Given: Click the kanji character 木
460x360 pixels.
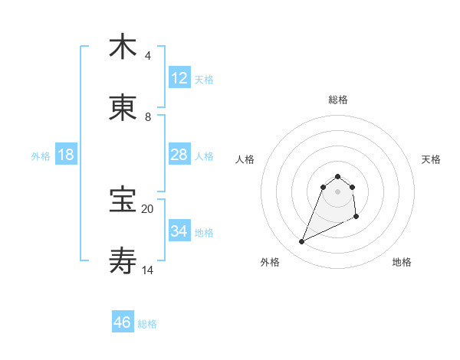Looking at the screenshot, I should pos(123,47).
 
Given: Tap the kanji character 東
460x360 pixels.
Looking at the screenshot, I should pos(123,108).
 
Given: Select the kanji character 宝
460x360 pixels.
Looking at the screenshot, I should pos(123,200).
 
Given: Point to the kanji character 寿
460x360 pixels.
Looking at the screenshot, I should pos(123,261).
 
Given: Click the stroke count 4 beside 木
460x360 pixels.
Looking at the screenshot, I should pos(148,56).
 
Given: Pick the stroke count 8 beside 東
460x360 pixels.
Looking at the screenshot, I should pos(148,117).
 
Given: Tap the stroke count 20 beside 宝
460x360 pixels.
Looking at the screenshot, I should pos(148,208).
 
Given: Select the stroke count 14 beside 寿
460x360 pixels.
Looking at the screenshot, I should pos(148,270).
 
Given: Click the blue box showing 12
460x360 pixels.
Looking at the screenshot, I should pos(179,77).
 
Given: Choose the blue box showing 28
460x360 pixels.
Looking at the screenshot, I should pos(179,155).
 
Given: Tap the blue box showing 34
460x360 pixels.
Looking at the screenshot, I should pos(179,231).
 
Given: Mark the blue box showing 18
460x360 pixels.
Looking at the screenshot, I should pos(66,155).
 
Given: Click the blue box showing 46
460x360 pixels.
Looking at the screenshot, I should pos(123,322).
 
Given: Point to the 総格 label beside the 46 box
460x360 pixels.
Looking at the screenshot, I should pos(147,324).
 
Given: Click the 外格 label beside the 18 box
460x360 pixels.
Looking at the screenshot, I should pos(41,156).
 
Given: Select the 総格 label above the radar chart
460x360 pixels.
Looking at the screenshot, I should pos(338,100).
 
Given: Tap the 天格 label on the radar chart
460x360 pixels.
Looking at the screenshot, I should pos(432,159).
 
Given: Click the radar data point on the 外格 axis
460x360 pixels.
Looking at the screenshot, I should pos(302,242).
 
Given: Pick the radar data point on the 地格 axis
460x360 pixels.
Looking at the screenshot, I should pos(356,218).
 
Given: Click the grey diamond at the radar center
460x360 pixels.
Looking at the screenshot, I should pos(338,191).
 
